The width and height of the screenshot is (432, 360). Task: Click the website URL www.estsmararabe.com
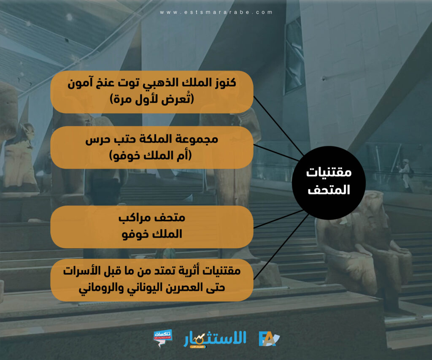point(216,12)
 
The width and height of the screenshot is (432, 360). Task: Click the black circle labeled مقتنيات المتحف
point(329,183)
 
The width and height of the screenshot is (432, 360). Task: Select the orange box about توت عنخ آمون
point(152,92)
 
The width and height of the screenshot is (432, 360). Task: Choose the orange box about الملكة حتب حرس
point(152,147)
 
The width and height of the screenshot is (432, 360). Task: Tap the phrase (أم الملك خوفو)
point(151,155)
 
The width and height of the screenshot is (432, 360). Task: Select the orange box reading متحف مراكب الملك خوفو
point(152,227)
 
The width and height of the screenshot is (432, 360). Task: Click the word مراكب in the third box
point(134,218)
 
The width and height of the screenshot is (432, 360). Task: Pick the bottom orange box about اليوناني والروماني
point(152,280)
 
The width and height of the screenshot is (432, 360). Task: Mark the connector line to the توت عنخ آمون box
point(278,126)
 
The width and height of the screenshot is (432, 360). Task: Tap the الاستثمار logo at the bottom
point(215,339)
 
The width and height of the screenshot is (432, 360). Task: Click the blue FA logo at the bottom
point(269,339)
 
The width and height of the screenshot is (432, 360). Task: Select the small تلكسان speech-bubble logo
point(163,338)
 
